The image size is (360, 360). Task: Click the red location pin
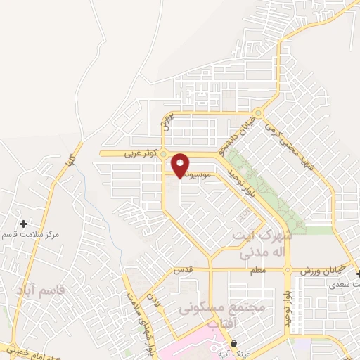tap(181, 165)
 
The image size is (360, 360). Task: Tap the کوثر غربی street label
tap(139, 152)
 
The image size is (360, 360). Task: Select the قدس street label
tap(181, 270)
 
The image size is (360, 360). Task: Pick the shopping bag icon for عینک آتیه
tap(233, 344)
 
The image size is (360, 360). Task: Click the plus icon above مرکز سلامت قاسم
tap(24, 223)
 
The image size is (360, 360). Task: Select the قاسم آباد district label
tap(39, 290)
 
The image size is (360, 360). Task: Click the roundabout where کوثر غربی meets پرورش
tap(163, 153)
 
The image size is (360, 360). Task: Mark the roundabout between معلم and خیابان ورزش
tap(288, 269)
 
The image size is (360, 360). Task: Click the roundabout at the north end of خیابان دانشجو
tap(259, 112)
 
